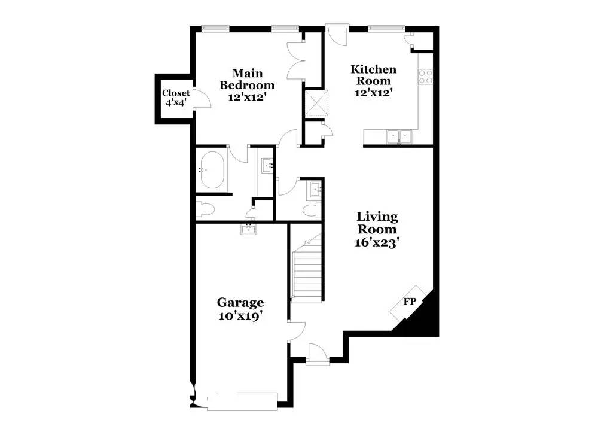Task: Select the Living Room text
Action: (377, 223)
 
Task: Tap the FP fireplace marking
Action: (409, 302)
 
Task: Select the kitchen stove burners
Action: (425, 76)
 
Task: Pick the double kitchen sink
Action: (398, 137)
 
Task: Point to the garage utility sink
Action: (248, 228)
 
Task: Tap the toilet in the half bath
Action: (310, 211)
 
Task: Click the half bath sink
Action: (315, 190)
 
